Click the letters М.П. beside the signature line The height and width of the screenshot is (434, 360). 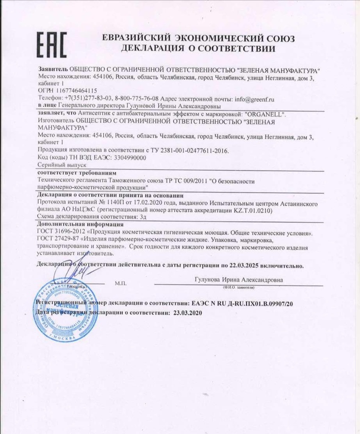pyautogui.click(x=120, y=283)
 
